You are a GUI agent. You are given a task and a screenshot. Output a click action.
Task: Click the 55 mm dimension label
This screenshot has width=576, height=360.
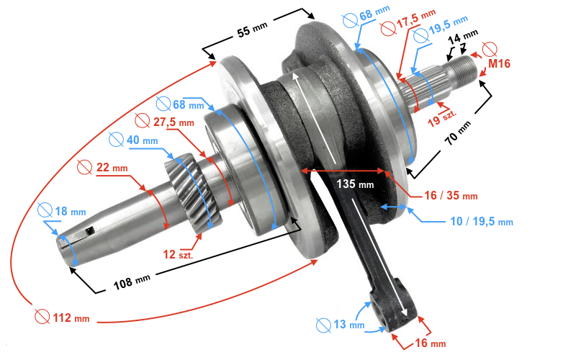[253, 30]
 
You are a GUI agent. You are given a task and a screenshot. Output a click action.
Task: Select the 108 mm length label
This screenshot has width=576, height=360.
[132, 282]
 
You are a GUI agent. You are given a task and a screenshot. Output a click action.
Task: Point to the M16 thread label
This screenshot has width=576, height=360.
[499, 63]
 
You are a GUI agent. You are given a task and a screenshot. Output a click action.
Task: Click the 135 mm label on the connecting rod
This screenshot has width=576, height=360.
[355, 184]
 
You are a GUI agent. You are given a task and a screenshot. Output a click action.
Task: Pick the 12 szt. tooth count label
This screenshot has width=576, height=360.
[178, 254]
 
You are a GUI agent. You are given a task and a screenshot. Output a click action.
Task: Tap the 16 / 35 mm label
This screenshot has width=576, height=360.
[451, 195]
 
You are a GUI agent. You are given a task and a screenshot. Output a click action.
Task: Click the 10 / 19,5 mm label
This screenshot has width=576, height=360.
[482, 221]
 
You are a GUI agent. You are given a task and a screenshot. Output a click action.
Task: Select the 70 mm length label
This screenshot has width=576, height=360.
[457, 133]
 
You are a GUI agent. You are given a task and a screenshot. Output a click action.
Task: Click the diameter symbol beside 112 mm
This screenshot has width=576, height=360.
[42, 317]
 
